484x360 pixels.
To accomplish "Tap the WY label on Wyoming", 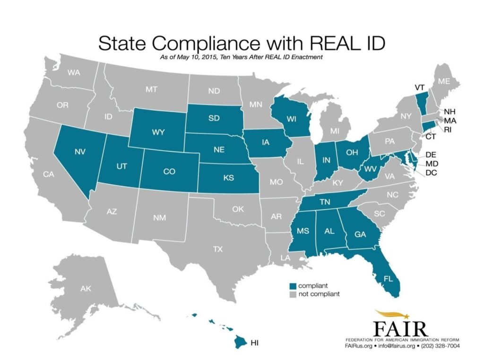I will (159, 132).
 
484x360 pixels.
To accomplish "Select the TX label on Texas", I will (217, 249).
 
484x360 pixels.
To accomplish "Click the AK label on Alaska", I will (86, 288).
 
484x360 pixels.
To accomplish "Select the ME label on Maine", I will (444, 81).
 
